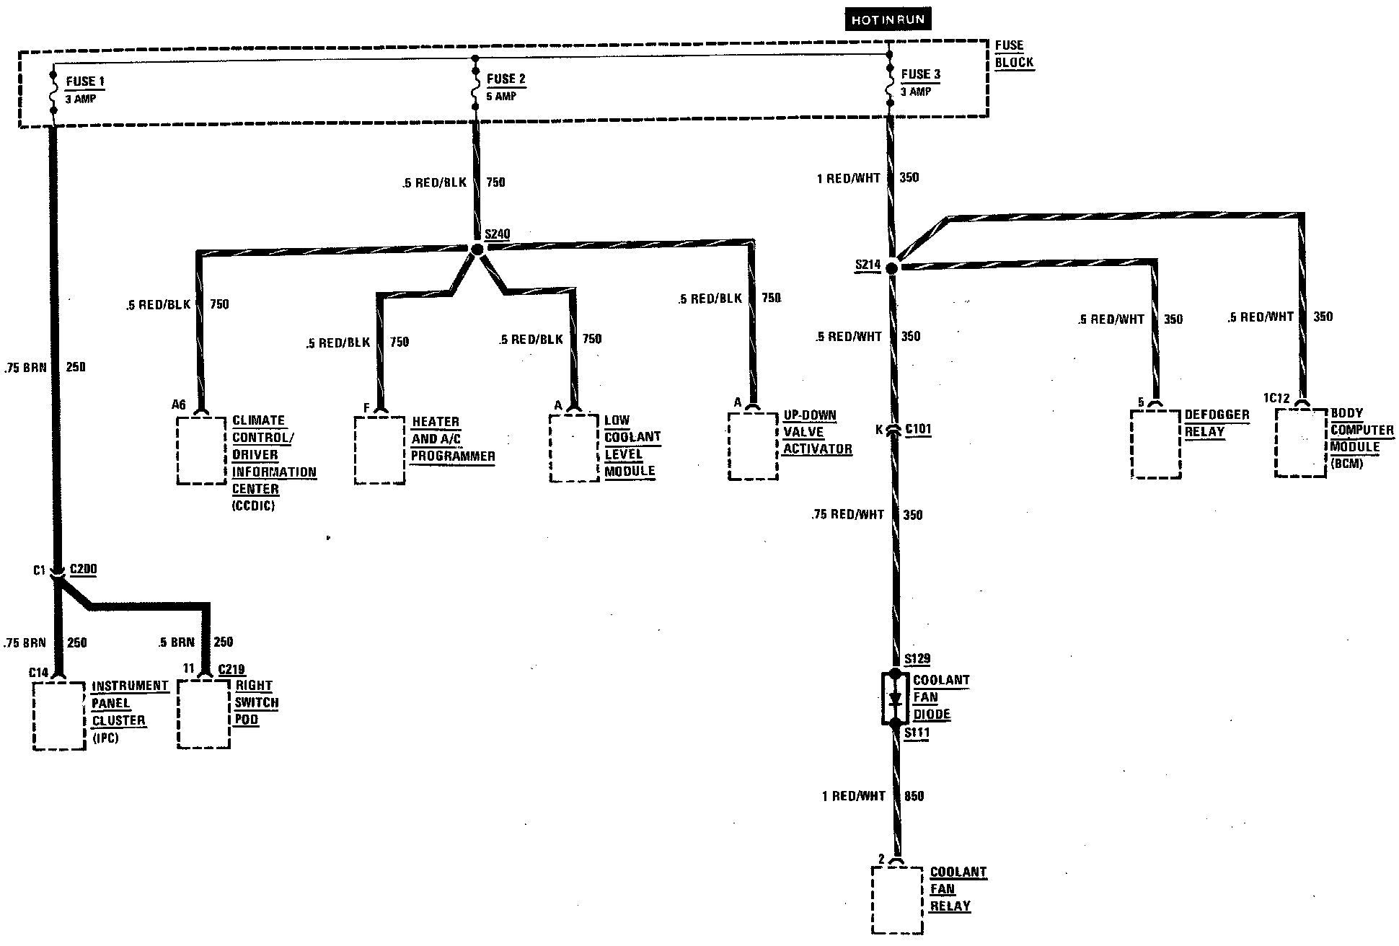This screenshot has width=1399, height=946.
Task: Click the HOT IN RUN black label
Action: coord(888,19)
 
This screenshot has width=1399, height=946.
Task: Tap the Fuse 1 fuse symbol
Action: coord(53,92)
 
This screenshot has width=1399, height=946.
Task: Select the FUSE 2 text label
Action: coord(506,79)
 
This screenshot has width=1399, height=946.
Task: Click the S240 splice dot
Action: coord(477,249)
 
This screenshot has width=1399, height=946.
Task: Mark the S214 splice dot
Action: coord(892,268)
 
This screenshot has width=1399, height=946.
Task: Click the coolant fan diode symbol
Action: coord(896,698)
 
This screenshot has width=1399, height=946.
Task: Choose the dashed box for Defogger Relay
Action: coord(1156,443)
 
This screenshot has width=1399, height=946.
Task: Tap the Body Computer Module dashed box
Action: coord(1300,442)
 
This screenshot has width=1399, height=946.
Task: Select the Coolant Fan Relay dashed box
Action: coord(896,900)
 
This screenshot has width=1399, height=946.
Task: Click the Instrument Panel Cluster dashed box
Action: coord(59,715)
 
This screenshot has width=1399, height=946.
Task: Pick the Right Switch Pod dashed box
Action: coord(204,714)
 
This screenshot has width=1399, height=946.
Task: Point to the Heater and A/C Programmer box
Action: coord(379,449)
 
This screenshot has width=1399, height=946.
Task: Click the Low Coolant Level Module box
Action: coord(574,448)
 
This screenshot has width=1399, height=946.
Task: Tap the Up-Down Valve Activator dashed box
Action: coord(753,446)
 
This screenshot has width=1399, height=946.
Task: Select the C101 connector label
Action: coord(918,430)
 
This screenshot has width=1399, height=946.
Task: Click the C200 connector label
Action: coord(83,570)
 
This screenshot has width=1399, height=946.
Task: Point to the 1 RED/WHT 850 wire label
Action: coord(873,796)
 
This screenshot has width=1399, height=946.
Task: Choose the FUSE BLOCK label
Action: coord(1014,54)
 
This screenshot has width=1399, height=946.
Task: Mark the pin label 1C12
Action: coord(1276,397)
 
